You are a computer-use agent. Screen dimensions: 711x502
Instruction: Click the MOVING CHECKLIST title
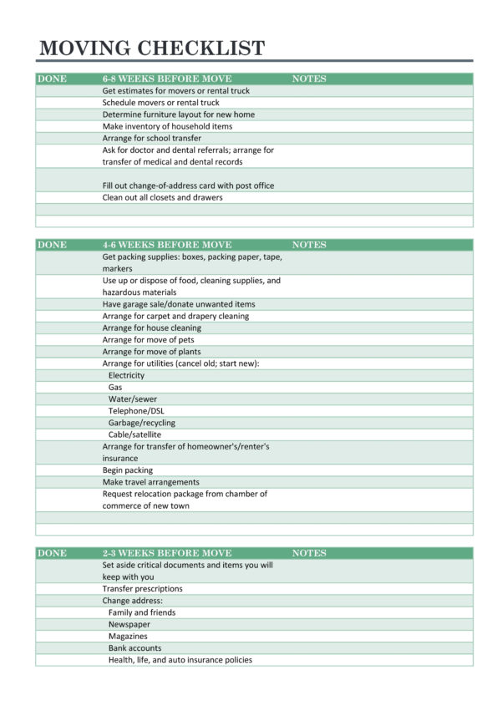(152, 48)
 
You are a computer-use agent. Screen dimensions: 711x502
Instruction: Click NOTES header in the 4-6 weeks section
(309, 245)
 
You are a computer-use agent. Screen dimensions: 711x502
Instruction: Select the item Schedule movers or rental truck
(161, 103)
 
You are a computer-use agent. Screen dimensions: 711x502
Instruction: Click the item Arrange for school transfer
(152, 138)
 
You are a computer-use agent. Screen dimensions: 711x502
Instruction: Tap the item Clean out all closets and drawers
(163, 197)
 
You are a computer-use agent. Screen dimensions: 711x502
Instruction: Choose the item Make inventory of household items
(168, 126)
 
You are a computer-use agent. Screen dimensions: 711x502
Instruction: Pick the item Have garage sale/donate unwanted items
(179, 304)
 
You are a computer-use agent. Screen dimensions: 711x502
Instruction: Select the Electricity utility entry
(126, 375)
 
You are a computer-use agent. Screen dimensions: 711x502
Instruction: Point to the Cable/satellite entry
(135, 434)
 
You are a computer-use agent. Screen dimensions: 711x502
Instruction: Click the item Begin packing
(128, 470)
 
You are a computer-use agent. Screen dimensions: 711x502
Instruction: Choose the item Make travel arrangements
(151, 482)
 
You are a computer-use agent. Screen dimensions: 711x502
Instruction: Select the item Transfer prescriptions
(143, 588)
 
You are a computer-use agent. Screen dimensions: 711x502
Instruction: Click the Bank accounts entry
(135, 648)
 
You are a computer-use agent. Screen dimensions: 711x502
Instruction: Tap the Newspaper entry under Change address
(129, 624)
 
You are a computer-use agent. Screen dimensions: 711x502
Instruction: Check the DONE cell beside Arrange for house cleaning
(67, 328)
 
